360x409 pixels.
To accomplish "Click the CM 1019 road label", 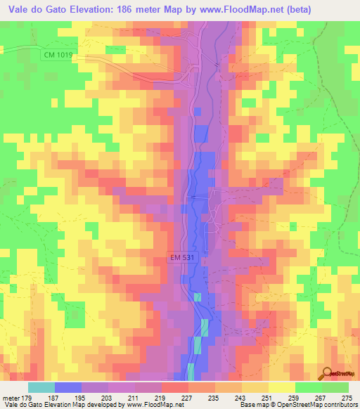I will (x=57, y=56).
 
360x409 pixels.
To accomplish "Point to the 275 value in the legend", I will (x=347, y=397).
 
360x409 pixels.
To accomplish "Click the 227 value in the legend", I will (x=186, y=397).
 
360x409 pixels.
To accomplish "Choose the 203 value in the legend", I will (x=106, y=397).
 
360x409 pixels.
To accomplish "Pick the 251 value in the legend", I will (x=266, y=397).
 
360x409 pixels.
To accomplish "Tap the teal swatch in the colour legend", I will (x=41, y=387).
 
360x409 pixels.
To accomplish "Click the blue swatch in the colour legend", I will (x=68, y=387).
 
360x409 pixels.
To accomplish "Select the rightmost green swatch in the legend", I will (x=335, y=387).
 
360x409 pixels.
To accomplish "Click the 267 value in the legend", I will (x=321, y=397).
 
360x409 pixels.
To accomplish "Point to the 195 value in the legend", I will (x=79, y=397).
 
